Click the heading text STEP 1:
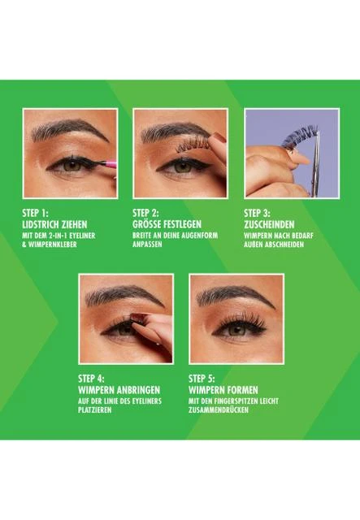click(35, 213)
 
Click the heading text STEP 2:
click(145, 213)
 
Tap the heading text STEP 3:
click(257, 213)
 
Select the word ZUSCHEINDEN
click(269, 224)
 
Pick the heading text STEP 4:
click(91, 379)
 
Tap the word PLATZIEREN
click(95, 409)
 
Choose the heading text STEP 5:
click(202, 379)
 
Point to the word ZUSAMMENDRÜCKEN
click(219, 409)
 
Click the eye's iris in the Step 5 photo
click(236, 329)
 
